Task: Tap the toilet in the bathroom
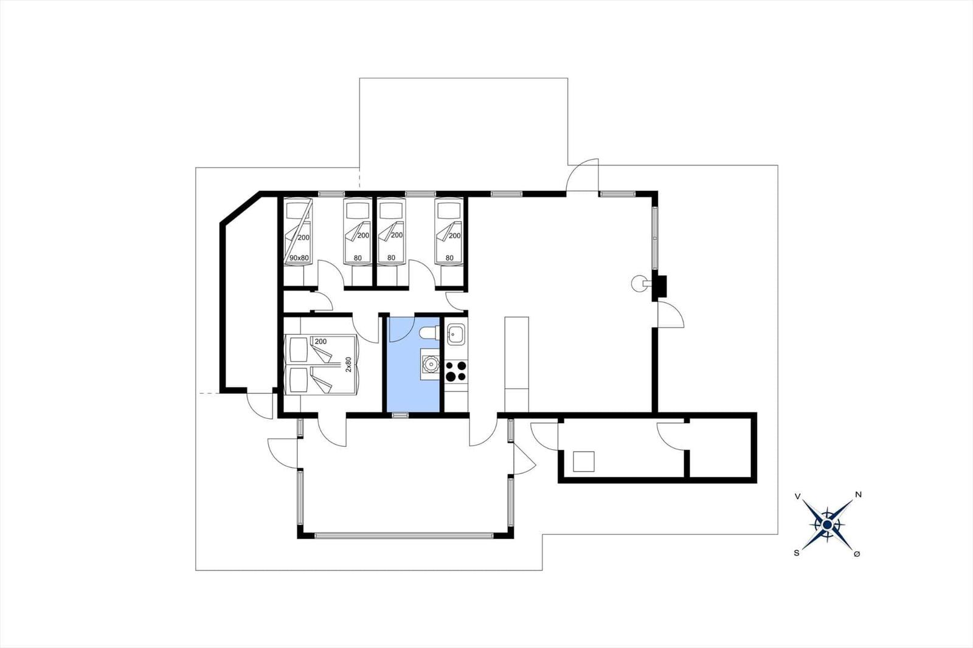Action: coord(430,333)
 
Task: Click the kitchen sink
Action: coord(456,334)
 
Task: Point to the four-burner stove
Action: coord(456,371)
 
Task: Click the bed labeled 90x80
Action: coord(299,231)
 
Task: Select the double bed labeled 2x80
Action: coord(320,364)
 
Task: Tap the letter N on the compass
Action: coord(858,494)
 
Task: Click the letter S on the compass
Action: coord(797,553)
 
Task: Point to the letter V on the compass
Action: coord(797,496)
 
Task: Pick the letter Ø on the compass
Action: coord(857,554)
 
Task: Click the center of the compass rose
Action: coord(827,525)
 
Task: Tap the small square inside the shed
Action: coord(583,461)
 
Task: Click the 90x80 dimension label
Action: coord(299,258)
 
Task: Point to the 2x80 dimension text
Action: coord(348,364)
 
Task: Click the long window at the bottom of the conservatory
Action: coord(404,536)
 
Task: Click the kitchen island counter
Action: coord(516,364)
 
